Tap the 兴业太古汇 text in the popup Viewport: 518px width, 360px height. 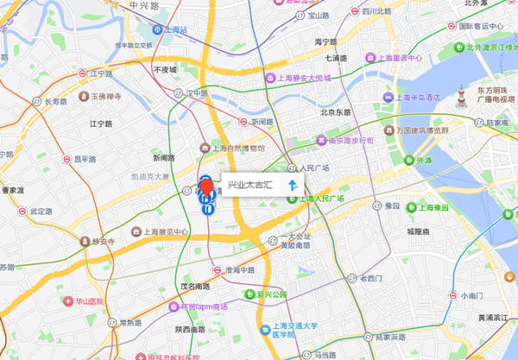[x=250, y=186]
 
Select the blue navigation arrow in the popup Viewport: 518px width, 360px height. [x=293, y=186]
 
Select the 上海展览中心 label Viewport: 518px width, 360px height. [x=160, y=231]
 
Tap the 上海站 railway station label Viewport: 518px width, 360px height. [x=174, y=29]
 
